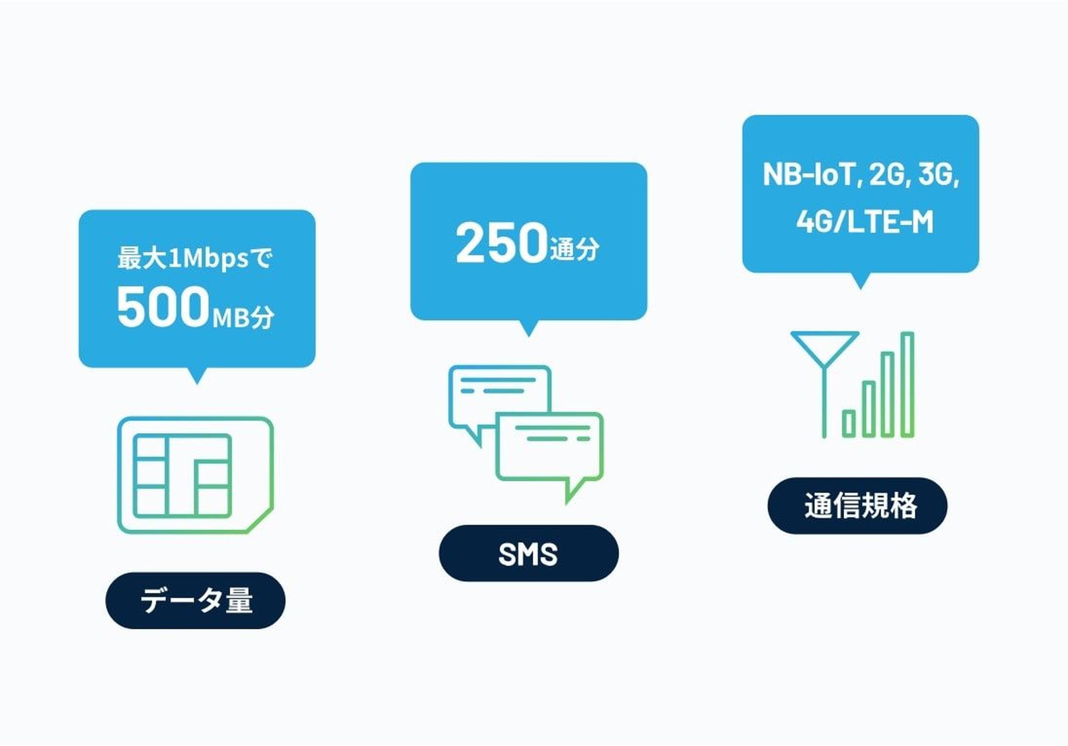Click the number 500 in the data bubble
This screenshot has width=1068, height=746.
tap(162, 307)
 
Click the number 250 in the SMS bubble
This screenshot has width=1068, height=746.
tap(501, 243)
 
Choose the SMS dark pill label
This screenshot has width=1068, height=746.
tap(528, 553)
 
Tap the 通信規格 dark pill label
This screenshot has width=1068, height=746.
tap(857, 506)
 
